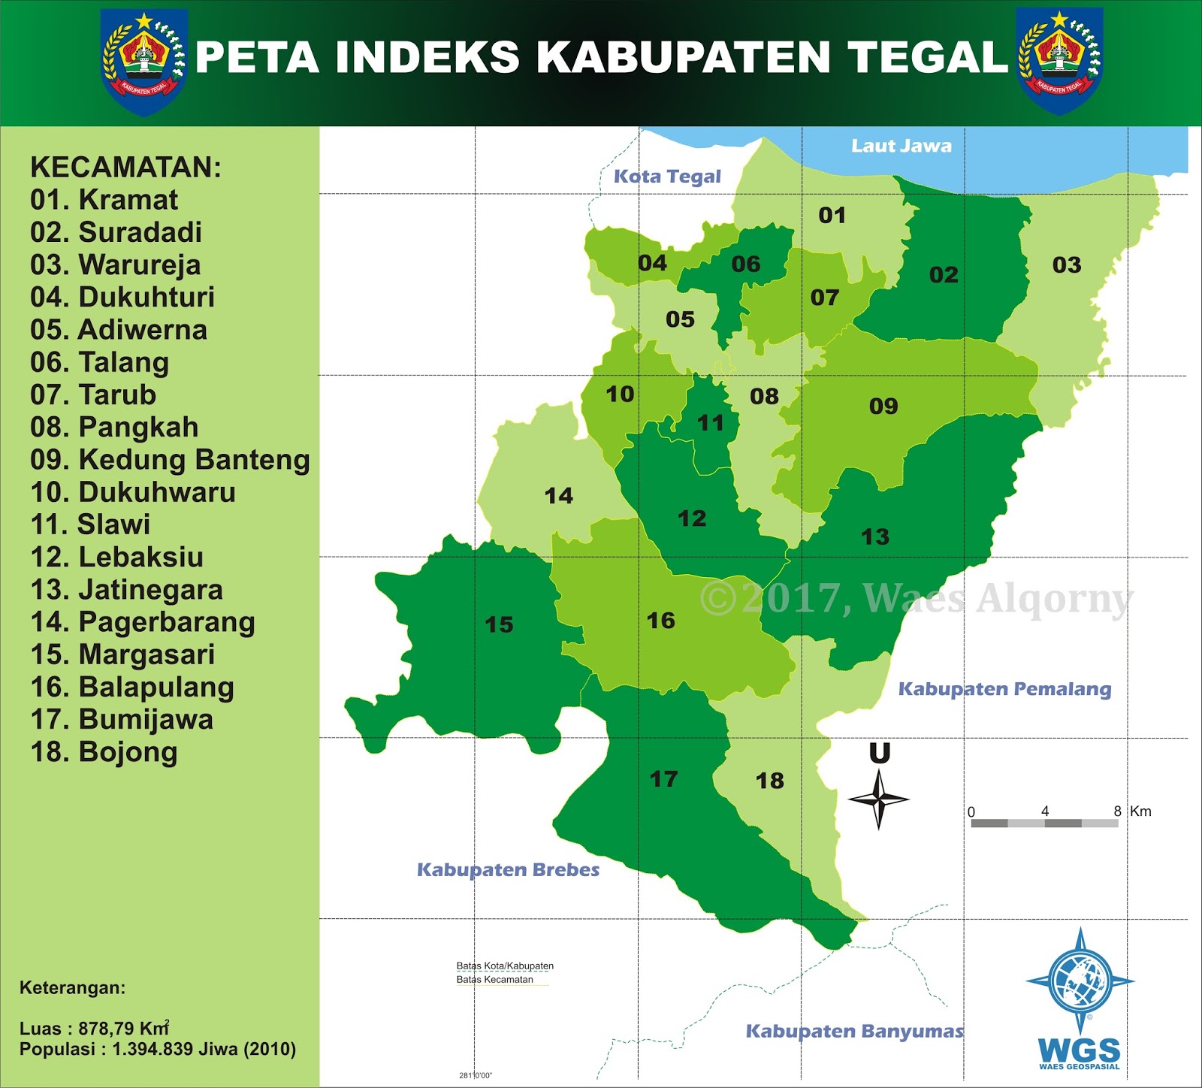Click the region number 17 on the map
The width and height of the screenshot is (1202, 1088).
click(663, 778)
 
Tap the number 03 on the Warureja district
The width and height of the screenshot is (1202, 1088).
click(1066, 264)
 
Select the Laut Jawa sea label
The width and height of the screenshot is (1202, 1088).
click(901, 146)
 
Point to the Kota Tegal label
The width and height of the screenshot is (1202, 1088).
click(667, 177)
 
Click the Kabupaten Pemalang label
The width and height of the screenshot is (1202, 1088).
click(1004, 689)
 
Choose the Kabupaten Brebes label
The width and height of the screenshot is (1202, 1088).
click(508, 870)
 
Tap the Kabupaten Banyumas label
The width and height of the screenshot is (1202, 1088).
click(854, 1032)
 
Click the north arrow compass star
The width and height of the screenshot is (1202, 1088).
click(879, 799)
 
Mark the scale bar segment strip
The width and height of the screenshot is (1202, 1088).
click(1044, 824)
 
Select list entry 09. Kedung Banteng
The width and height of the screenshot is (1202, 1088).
click(170, 459)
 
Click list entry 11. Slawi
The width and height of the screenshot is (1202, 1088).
click(90, 524)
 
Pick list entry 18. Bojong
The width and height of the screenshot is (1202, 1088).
click(104, 752)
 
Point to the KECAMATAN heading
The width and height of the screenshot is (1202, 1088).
click(125, 167)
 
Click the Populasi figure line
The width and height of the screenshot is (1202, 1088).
click(158, 1049)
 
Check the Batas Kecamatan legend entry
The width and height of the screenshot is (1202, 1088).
click(495, 980)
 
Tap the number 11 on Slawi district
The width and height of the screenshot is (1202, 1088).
click(710, 423)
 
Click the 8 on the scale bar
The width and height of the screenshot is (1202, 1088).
click(1117, 811)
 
